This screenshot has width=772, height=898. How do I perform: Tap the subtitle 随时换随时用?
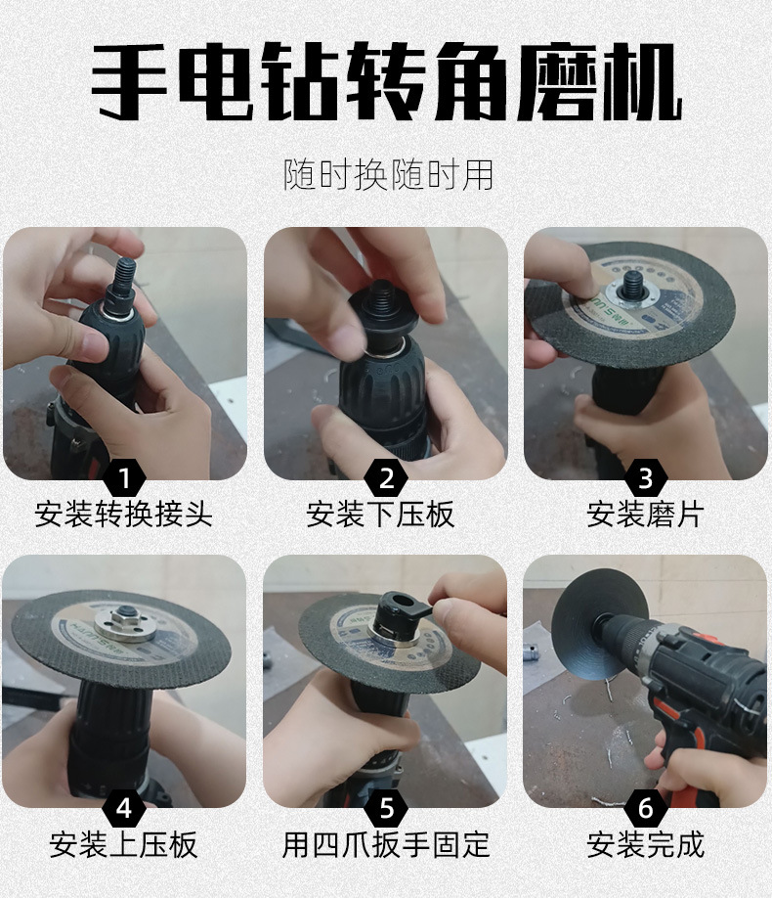tap(389, 175)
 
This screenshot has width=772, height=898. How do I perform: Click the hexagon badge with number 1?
tap(124, 477)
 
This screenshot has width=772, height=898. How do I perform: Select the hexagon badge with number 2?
tap(386, 477)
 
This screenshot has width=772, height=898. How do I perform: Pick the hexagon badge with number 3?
tap(646, 477)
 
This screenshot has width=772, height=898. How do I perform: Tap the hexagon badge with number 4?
tap(124, 808)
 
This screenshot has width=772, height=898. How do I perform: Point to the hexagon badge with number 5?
tap(386, 808)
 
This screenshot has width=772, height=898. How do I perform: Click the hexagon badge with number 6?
tap(646, 808)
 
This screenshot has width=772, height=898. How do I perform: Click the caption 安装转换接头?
tap(123, 514)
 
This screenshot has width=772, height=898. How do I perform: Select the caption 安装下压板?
tap(380, 514)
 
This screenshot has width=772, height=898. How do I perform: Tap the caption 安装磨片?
tap(646, 514)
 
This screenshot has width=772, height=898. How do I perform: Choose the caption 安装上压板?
tap(123, 845)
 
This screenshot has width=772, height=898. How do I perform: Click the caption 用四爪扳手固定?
tap(386, 845)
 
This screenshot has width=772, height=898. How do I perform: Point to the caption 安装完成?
tap(646, 845)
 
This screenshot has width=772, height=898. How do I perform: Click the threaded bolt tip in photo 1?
tap(125, 275)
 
